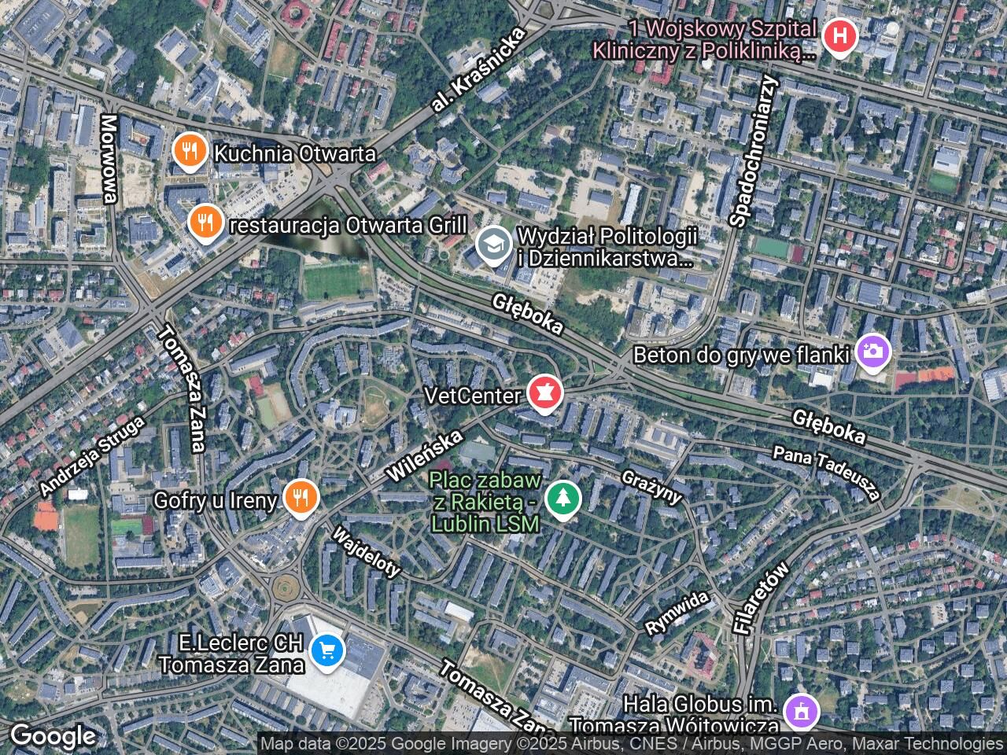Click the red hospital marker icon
click(x=839, y=36)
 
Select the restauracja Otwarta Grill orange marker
click(x=205, y=223)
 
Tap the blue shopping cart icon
click(x=326, y=650)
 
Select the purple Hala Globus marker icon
click(x=802, y=713)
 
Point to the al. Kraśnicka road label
click(x=478, y=71)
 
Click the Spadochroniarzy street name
click(x=753, y=152)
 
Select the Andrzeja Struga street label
click(x=92, y=456)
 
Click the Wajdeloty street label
click(x=367, y=552)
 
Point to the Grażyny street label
click(x=651, y=487)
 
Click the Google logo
click(x=53, y=736)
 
